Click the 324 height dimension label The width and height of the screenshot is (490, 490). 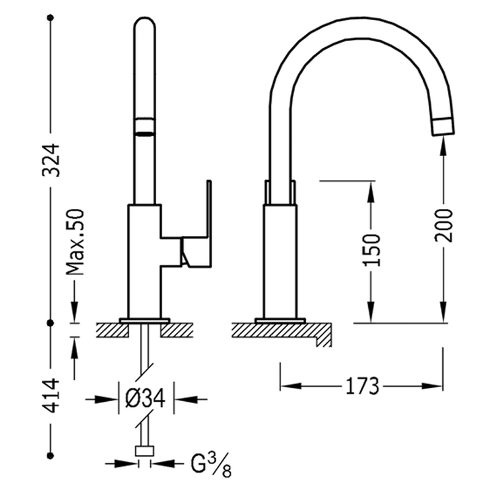point(51,160)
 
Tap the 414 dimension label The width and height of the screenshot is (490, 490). point(51,395)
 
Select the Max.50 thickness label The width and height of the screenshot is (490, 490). point(75,242)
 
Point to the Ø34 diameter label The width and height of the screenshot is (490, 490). point(145,399)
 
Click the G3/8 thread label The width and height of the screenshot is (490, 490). point(211,466)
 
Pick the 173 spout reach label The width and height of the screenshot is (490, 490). point(362,386)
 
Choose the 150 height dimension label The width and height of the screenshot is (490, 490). point(372,250)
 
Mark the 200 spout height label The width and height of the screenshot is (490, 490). point(443,225)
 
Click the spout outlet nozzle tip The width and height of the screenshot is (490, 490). point(443,127)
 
